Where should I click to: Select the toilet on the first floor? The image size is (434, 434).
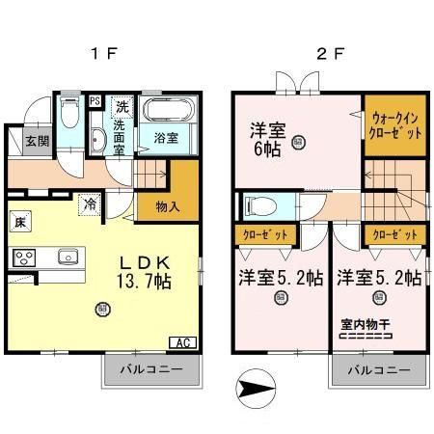tap(68, 119)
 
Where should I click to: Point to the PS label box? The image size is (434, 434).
tap(95, 100)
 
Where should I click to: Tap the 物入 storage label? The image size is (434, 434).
tap(153, 204)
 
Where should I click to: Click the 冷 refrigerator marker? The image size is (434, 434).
tap(90, 204)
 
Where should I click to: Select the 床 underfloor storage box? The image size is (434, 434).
tap(19, 223)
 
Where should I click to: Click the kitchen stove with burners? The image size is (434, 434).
tap(23, 258)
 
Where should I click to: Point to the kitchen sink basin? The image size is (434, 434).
tap(67, 258)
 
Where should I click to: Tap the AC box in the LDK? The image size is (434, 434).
tap(180, 341)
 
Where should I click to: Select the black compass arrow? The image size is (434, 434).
tap(253, 391)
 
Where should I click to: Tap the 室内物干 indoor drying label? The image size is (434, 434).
tap(365, 324)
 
